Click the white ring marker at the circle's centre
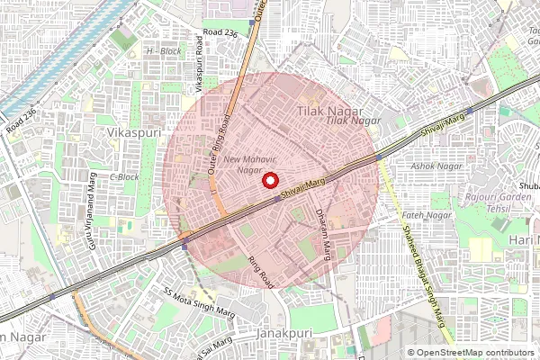(x=268, y=181)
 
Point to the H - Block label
(x=163, y=51)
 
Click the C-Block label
(x=124, y=176)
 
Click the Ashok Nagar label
(x=436, y=166)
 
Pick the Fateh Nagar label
(x=425, y=215)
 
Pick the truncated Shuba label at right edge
(x=528, y=187)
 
